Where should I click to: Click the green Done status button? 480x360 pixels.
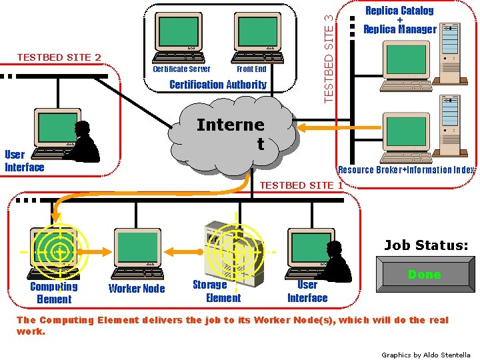(x=424, y=275)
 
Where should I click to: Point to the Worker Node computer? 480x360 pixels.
(x=137, y=253)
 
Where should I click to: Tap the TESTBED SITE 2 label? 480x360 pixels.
(x=59, y=57)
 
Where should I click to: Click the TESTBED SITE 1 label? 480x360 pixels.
(x=301, y=185)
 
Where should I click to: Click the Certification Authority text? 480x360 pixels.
(x=217, y=85)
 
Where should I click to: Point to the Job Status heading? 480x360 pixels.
(x=426, y=245)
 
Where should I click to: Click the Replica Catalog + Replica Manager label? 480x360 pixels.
(x=399, y=19)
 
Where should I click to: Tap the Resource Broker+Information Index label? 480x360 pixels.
(x=406, y=169)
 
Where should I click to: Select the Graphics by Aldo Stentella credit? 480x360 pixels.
(x=425, y=355)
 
